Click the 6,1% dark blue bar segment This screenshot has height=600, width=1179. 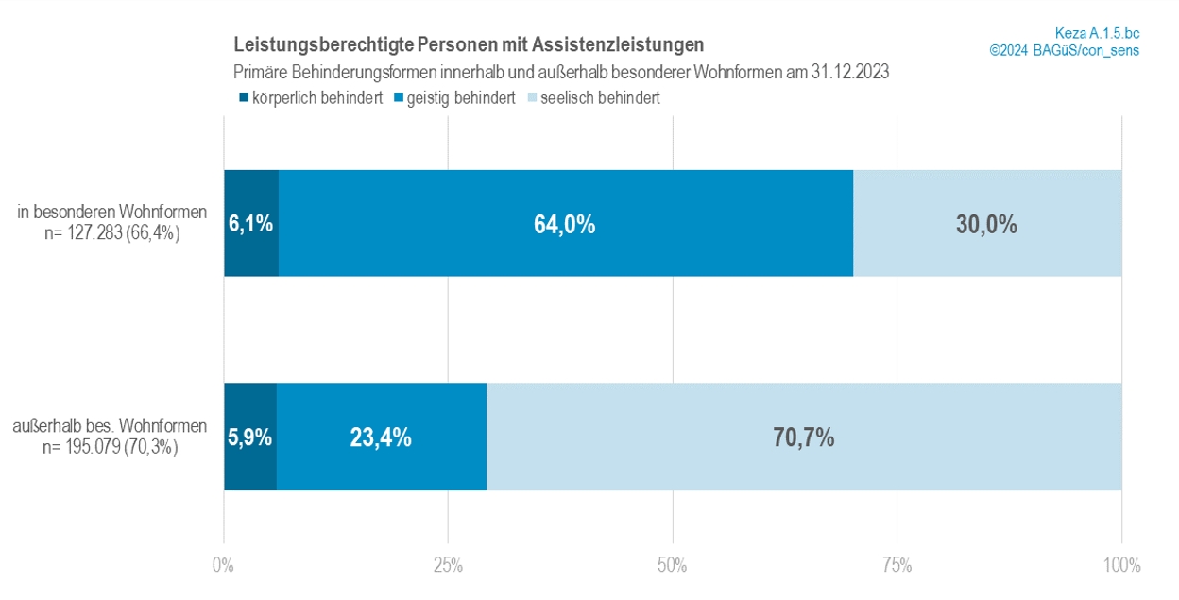pyautogui.click(x=250, y=224)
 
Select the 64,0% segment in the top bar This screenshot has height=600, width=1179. pyautogui.click(x=566, y=224)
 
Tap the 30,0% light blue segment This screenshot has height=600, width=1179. pyautogui.click(x=987, y=224)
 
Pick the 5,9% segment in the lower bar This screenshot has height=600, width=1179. pyautogui.click(x=249, y=437)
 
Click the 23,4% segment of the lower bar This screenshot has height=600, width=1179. pyautogui.click(x=381, y=437)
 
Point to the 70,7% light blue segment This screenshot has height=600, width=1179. pyautogui.click(x=804, y=437)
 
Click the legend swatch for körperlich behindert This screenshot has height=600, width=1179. pyautogui.click(x=243, y=97)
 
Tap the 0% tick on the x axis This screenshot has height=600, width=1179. pyautogui.click(x=223, y=566)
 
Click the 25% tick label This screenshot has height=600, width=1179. pyautogui.click(x=448, y=566)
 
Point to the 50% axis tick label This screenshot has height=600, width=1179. pyautogui.click(x=673, y=566)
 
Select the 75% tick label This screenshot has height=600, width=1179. pyautogui.click(x=897, y=566)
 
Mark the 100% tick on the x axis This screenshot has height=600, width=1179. pyautogui.click(x=1120, y=566)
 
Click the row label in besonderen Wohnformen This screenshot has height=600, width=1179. pyautogui.click(x=112, y=214)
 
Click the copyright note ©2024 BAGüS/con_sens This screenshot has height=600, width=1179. pyautogui.click(x=1065, y=50)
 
